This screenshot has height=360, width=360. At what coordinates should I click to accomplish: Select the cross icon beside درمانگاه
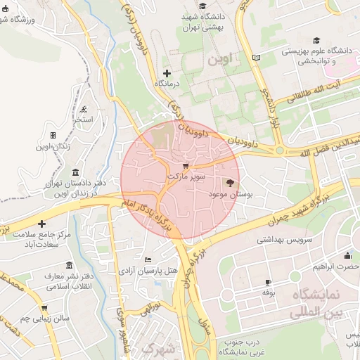pyautogui.click(x=167, y=73)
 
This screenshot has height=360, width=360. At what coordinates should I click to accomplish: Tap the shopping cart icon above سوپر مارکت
pyautogui.click(x=186, y=165)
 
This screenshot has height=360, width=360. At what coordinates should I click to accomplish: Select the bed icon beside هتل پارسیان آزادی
pyautogui.click(x=146, y=259)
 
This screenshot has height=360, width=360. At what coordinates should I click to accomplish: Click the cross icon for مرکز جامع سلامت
pyautogui.click(x=41, y=223)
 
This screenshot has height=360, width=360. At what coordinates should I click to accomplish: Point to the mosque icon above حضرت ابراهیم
pyautogui.click(x=348, y=255)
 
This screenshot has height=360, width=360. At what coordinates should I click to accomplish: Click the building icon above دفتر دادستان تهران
pyautogui.click(x=75, y=172)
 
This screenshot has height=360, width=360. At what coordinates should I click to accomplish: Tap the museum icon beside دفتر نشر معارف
pyautogui.click(x=68, y=265)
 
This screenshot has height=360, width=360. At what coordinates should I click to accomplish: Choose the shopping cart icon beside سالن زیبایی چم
pyautogui.click(x=44, y=308)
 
